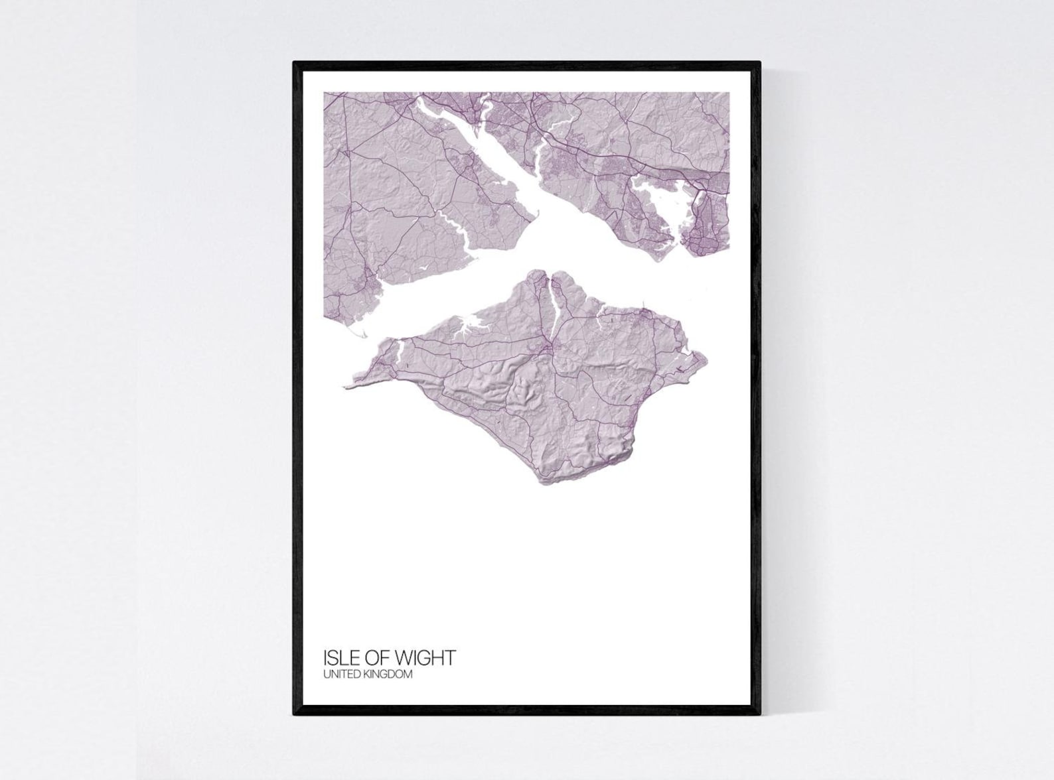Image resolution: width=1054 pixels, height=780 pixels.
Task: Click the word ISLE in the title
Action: [x=339, y=658]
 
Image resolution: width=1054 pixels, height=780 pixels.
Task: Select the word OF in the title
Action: [x=377, y=658]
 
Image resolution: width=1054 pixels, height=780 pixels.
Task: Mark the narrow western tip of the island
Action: [x=347, y=385]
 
